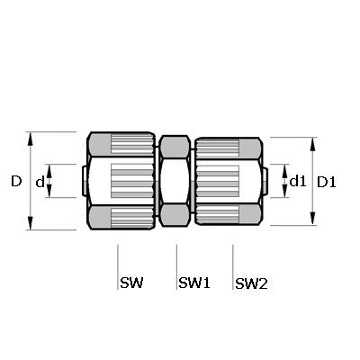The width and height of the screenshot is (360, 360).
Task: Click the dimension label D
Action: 16,181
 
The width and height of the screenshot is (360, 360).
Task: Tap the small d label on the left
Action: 40,182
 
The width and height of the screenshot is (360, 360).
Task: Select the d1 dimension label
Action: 298,181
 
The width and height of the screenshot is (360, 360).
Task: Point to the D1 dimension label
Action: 327,182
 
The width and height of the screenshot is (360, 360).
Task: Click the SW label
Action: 131,283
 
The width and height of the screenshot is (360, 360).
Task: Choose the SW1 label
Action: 194,283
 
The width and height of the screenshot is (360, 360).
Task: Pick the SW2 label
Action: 251,283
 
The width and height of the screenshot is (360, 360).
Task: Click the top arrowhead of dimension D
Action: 30,139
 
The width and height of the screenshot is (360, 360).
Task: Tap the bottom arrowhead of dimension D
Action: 30,222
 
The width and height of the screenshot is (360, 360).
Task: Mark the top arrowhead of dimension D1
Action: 312,145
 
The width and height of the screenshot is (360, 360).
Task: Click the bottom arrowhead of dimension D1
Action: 312,218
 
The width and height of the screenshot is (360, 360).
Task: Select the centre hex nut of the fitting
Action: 175,181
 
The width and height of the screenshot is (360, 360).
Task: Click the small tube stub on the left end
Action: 85,182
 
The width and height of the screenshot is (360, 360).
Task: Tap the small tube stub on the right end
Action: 265,181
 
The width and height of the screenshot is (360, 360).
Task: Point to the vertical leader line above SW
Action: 118,267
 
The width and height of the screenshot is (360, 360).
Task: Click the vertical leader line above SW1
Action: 176,267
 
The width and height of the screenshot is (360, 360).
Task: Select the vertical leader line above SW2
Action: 233,267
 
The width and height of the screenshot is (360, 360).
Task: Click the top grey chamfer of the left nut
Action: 100,145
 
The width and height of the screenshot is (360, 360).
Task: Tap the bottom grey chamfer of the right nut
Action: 250,214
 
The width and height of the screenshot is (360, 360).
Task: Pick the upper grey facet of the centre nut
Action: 175,147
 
